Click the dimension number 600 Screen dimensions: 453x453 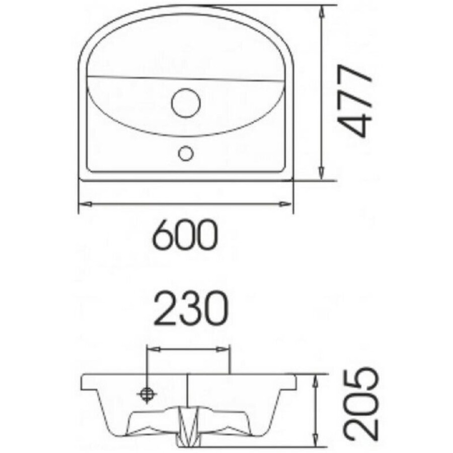185,235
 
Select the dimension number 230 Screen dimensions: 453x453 191,308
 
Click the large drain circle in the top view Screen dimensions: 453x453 186,103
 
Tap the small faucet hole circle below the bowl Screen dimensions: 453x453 185,154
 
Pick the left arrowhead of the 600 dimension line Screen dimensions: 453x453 85,204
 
